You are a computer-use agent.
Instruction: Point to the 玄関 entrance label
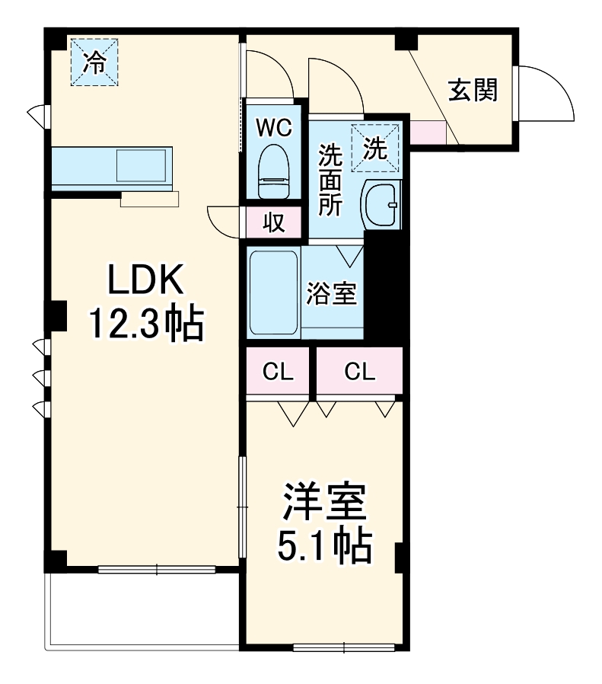point(472,90)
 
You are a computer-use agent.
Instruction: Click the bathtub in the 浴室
point(273,292)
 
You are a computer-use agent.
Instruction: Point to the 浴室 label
point(332,294)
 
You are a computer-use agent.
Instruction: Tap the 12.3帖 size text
point(146,324)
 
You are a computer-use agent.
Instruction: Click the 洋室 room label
point(325,503)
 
